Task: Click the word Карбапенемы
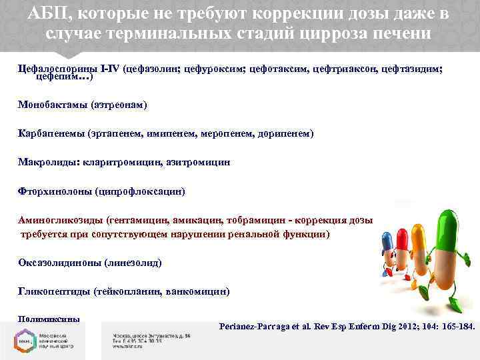click(51, 133)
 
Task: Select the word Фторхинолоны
click(55, 191)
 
